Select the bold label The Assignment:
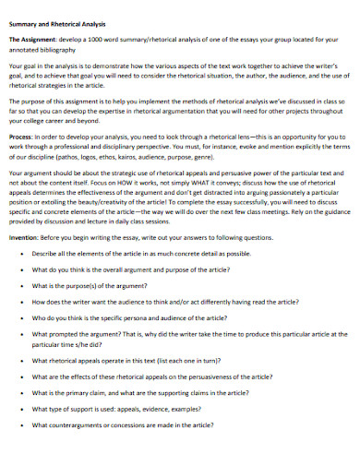coord(33,42)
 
